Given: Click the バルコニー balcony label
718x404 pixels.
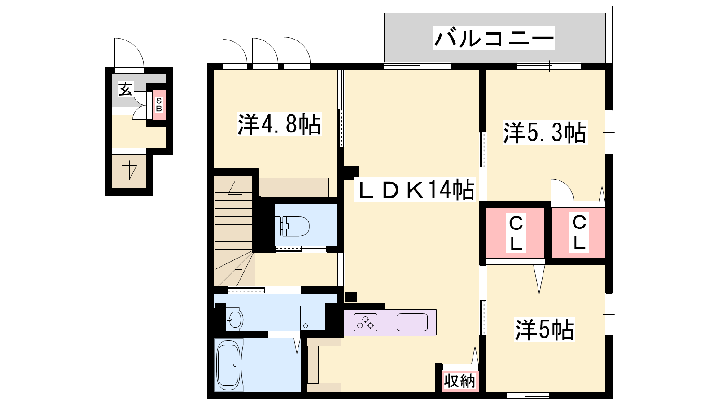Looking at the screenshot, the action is pyautogui.click(x=494, y=38).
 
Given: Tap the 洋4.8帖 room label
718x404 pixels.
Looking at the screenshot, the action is pyautogui.click(x=279, y=124).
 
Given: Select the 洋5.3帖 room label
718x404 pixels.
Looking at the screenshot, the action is pyautogui.click(x=545, y=132).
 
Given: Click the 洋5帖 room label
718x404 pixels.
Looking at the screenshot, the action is pyautogui.click(x=544, y=329).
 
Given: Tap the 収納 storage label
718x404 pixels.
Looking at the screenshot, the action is pyautogui.click(x=460, y=381).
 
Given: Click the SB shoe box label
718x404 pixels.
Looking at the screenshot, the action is pyautogui.click(x=159, y=105).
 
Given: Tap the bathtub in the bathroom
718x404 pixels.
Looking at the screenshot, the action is pyautogui.click(x=229, y=365).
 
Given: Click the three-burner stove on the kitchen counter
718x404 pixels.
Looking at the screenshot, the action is pyautogui.click(x=365, y=322).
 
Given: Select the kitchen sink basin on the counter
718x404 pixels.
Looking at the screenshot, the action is pyautogui.click(x=412, y=322).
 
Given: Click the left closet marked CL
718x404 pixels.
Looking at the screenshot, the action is pyautogui.click(x=516, y=233).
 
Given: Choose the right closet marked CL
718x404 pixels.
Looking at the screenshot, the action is pyautogui.click(x=579, y=233).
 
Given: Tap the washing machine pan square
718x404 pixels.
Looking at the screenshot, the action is pyautogui.click(x=312, y=318).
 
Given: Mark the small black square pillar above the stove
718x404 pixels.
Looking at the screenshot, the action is pyautogui.click(x=350, y=297).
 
